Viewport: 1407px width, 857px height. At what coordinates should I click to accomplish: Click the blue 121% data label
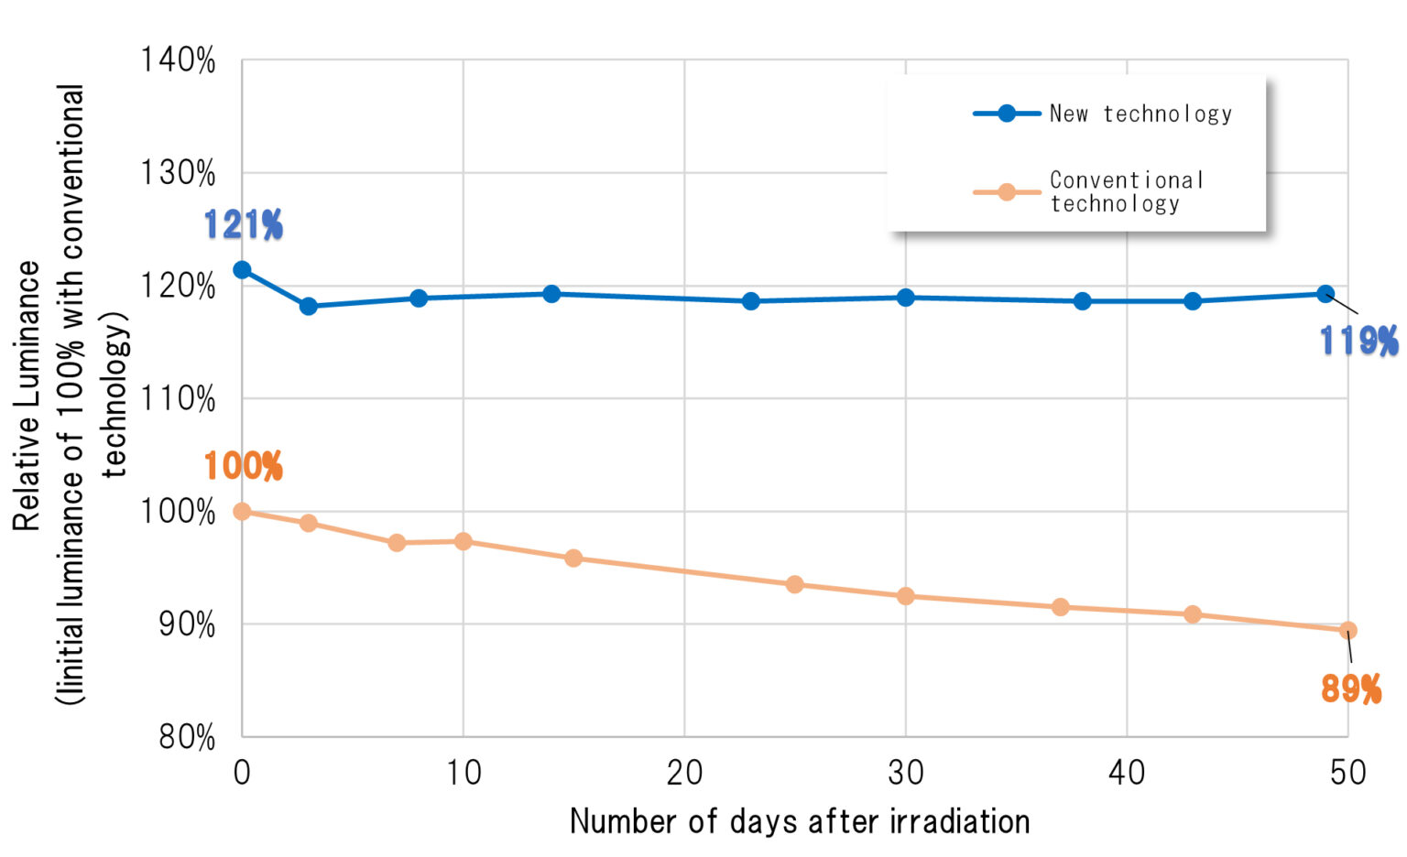[x=243, y=225]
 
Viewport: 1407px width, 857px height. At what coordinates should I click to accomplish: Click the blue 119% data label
[x=1358, y=342]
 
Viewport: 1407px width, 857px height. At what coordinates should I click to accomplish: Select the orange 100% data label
[x=243, y=467]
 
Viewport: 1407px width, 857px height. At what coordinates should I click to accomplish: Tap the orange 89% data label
[x=1350, y=689]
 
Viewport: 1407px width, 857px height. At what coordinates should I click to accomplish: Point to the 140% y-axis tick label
[x=178, y=60]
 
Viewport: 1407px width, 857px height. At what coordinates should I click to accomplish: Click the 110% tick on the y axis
[x=178, y=399]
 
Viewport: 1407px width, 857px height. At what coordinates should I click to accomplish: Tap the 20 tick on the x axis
[x=684, y=774]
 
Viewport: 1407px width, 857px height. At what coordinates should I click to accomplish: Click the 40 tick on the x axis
[x=1127, y=774]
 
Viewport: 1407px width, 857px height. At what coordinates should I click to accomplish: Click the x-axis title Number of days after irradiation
[x=800, y=821]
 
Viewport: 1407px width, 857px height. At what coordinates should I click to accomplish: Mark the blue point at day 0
[x=242, y=270]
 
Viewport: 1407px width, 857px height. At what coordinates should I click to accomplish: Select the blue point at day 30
[x=906, y=298]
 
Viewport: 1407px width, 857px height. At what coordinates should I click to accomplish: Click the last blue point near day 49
[x=1325, y=294]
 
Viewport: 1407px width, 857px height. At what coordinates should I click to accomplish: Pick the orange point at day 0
[x=242, y=512]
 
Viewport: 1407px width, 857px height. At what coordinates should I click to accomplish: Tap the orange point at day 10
[x=464, y=542]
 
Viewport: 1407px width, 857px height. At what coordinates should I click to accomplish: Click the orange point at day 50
[x=1347, y=630]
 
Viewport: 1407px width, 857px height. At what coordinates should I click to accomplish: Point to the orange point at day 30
[x=906, y=596]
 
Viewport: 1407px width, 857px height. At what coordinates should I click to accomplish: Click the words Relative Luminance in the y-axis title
[x=27, y=396]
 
